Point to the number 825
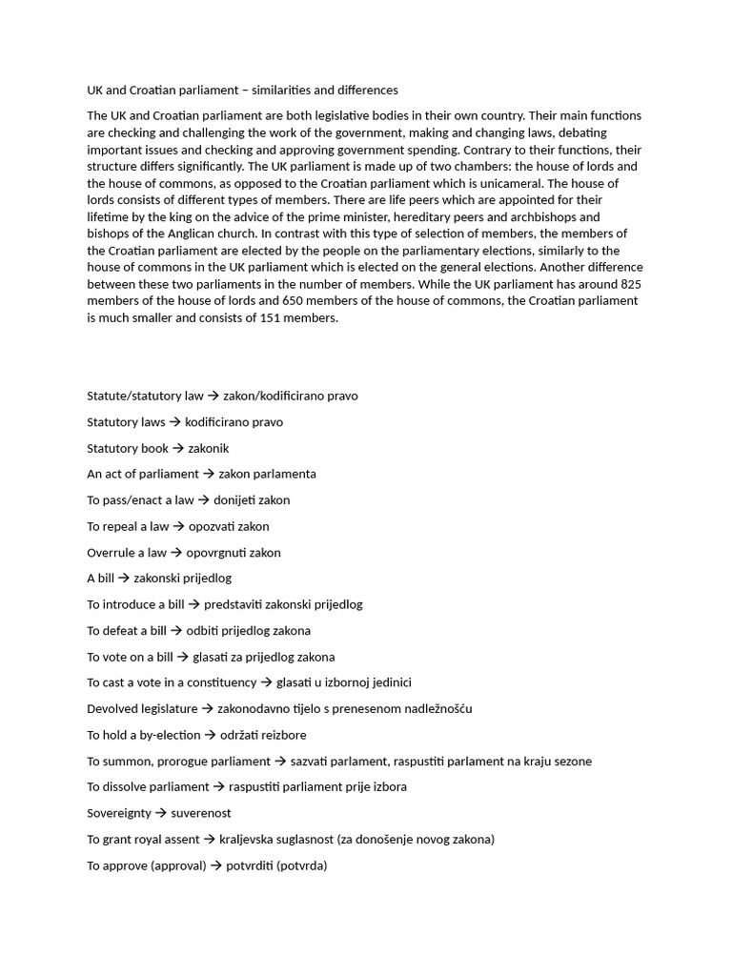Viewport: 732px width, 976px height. point(631,284)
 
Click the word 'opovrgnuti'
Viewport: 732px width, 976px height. point(218,553)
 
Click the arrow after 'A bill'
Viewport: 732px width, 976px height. point(124,579)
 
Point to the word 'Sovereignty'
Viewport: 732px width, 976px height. point(119,813)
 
